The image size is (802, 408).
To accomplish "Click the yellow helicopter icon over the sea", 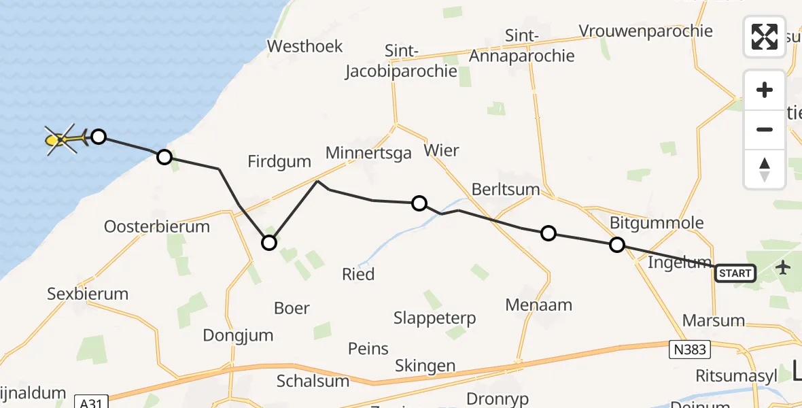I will tap(61, 139).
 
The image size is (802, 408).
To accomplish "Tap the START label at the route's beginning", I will tap(735, 273).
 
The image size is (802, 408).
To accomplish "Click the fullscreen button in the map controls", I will tap(765, 36).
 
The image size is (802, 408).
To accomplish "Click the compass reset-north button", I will tap(765, 169).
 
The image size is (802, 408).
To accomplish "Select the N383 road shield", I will tap(687, 350).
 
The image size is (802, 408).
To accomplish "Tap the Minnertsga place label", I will tap(368, 153).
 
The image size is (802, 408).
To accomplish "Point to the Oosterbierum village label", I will tap(157, 226).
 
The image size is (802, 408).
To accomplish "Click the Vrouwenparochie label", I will tap(646, 31).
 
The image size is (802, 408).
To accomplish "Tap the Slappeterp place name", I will tap(435, 318).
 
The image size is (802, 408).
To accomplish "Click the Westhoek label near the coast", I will tap(305, 46).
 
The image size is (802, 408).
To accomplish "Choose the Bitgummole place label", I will tap(657, 222).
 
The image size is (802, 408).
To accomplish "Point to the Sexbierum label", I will tap(88, 294).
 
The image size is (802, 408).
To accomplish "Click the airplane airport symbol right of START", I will tap(784, 267).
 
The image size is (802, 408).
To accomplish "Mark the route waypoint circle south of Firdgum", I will tap(269, 243).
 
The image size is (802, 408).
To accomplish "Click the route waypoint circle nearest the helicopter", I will tap(99, 137).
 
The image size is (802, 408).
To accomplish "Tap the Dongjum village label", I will tap(238, 335).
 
